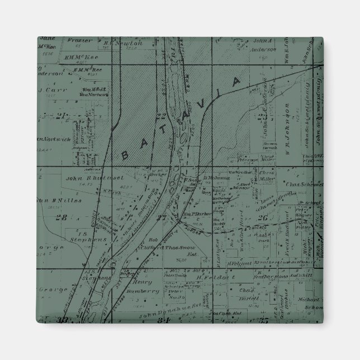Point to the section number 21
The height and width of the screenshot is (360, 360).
tap(61, 116)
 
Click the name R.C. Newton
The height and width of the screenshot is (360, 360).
tap(126, 42)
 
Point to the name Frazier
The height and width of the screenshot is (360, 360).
tap(79, 40)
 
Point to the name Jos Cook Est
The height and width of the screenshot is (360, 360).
tap(236, 313)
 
